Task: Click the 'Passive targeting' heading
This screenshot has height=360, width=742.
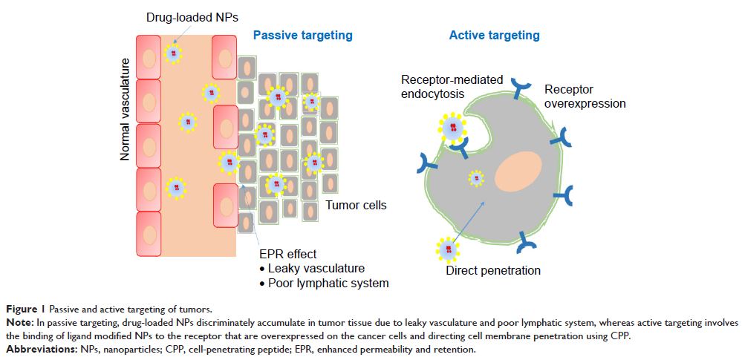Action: pyautogui.click(x=303, y=35)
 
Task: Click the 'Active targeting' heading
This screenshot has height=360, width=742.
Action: pyautogui.click(x=494, y=35)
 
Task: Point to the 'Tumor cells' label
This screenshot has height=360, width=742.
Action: pyautogui.click(x=356, y=205)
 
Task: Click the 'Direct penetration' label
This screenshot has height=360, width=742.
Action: pyautogui.click(x=493, y=270)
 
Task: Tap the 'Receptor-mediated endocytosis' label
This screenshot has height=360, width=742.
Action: pyautogui.click(x=452, y=86)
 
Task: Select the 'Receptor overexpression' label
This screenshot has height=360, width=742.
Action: pyautogui.click(x=585, y=96)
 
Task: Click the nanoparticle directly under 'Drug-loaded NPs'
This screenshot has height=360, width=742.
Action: pyautogui.click(x=174, y=53)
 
